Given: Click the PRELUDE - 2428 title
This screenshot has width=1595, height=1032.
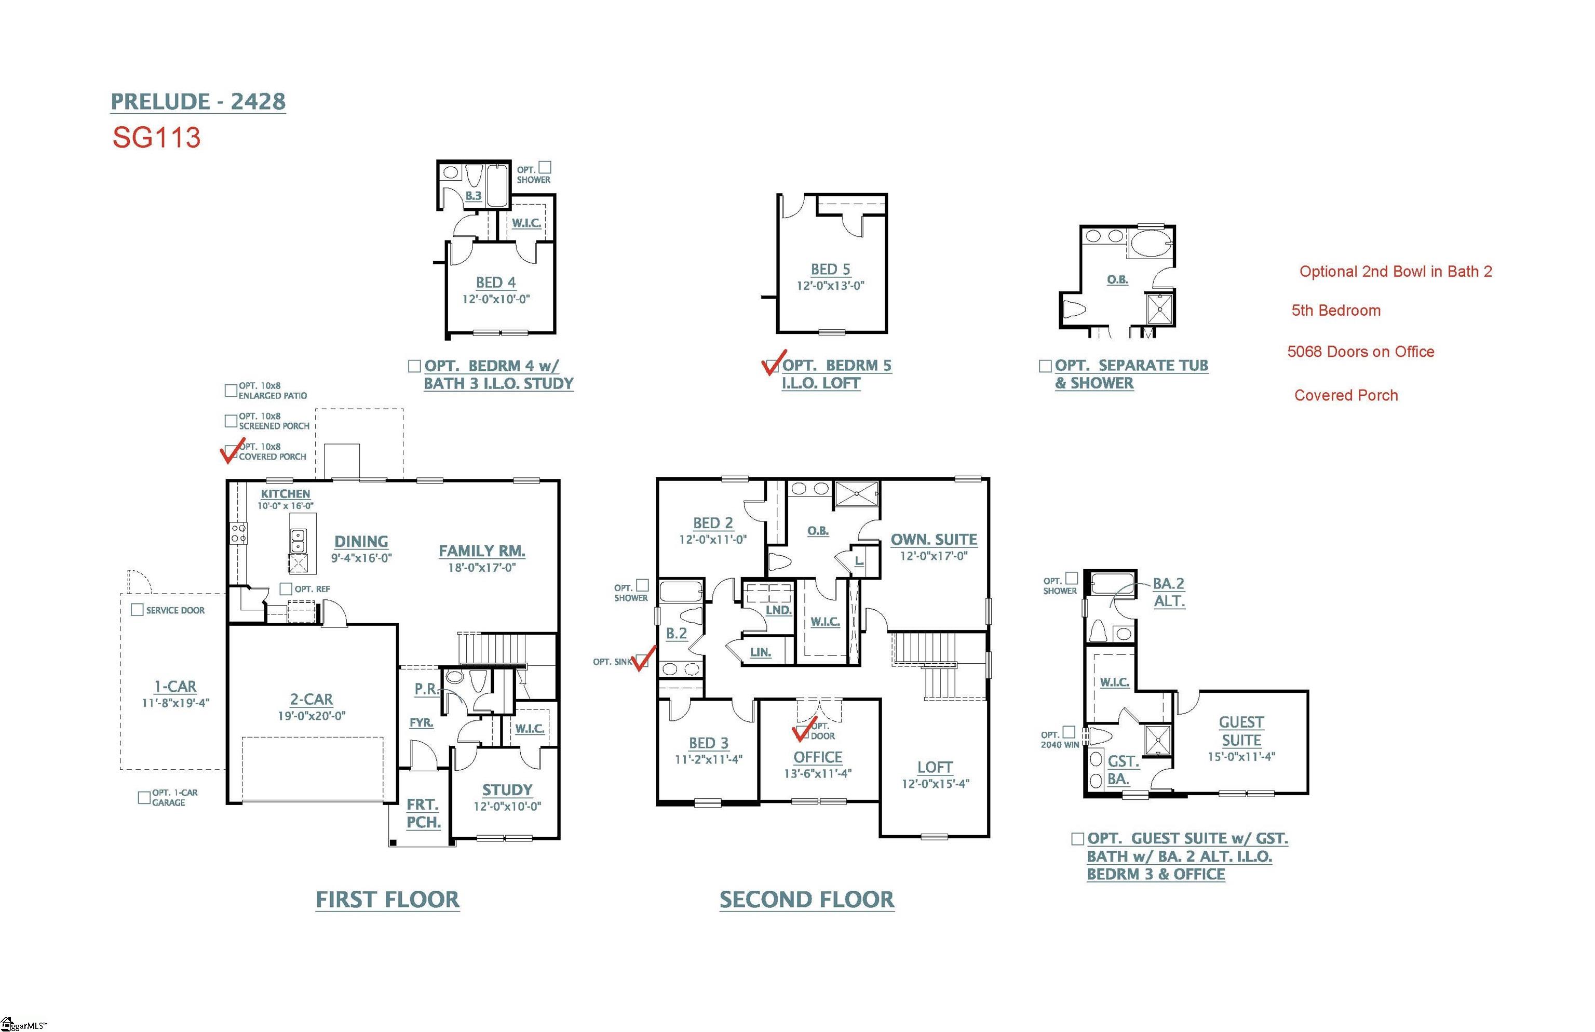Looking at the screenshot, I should point(198,101).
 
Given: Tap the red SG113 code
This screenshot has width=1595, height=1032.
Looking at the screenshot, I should point(156,138).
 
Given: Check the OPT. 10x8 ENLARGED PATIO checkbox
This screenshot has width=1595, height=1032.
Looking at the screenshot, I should point(231,390).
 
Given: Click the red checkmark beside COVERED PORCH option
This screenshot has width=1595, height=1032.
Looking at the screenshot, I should point(233,450).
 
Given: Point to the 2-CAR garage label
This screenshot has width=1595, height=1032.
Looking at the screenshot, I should point(311,699).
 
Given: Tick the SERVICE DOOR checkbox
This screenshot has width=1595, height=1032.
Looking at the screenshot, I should point(137,610).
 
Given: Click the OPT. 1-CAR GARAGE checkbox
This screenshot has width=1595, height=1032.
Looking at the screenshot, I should point(143,797).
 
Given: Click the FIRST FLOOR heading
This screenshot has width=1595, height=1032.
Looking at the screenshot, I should point(387,900).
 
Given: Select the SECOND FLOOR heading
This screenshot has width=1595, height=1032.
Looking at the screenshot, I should point(806,900).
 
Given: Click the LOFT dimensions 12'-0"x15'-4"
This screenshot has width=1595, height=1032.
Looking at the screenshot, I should point(935,783).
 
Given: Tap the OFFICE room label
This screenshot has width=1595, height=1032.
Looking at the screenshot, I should point(817,757).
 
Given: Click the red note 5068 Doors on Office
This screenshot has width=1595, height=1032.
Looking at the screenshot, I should point(1360,352).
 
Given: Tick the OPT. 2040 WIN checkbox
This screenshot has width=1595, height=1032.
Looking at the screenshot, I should point(1069,732).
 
